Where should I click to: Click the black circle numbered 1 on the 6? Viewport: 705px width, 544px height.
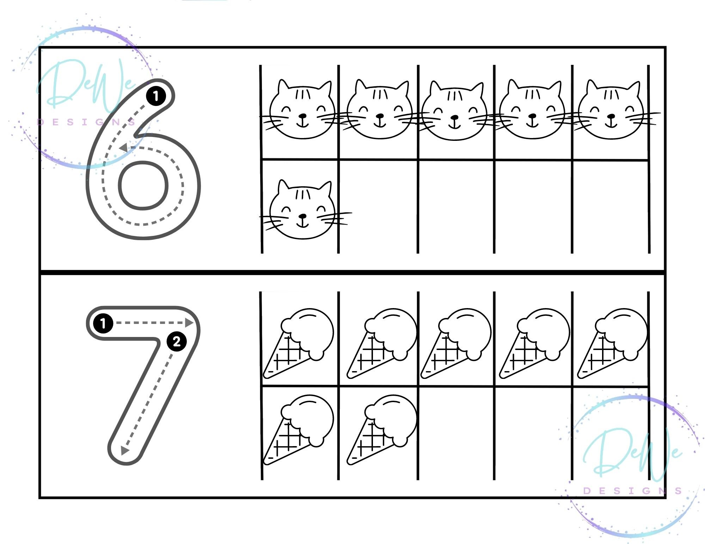pos(156,96)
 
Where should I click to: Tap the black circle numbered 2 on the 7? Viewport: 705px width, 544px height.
pos(177,341)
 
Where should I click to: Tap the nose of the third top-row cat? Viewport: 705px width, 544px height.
pos(455,117)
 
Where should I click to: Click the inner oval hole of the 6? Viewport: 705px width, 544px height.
pos(143,185)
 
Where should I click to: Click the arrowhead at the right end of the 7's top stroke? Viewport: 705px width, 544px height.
pos(190,323)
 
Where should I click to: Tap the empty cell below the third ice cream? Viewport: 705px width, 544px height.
pos(456,433)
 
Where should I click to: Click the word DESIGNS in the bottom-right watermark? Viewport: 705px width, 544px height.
pos(633,490)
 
